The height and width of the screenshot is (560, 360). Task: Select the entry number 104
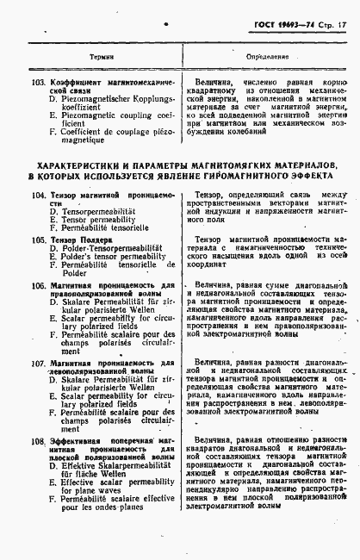36,196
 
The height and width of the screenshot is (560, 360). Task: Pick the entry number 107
36,364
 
